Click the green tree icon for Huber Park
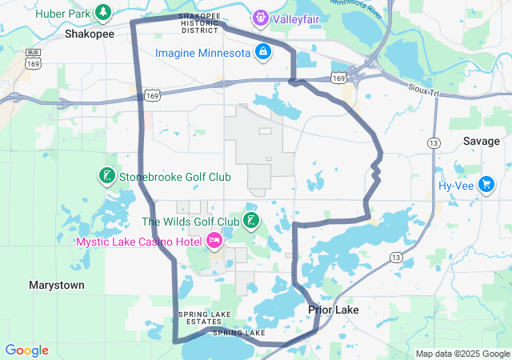(103, 12)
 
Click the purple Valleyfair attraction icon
(260, 17)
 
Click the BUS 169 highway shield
(33, 57)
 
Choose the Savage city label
(482, 141)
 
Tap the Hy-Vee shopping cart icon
(486, 186)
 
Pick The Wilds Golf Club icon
(252, 221)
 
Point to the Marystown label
(56, 285)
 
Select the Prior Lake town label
(334, 310)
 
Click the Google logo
(26, 350)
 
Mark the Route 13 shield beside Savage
(434, 142)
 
